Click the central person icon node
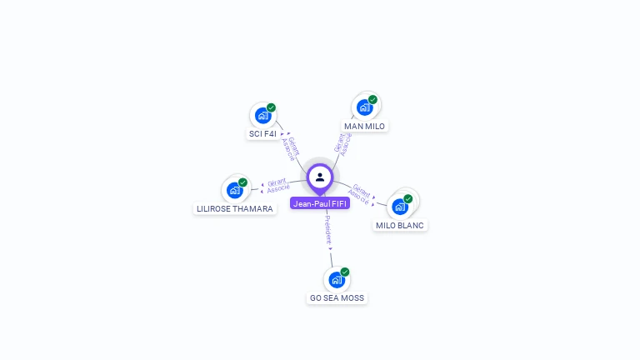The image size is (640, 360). point(320,177)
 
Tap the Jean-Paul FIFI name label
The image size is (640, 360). point(320,203)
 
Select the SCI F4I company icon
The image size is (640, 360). point(262,115)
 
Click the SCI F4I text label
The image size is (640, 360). point(262,133)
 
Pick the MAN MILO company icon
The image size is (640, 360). point(364,107)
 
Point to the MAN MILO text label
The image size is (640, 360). point(364,126)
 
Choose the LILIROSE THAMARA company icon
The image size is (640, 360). point(234,190)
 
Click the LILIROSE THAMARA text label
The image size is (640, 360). point(234,209)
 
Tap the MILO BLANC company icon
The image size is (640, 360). point(400,206)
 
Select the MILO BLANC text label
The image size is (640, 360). point(400,225)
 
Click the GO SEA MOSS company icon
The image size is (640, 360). point(337,279)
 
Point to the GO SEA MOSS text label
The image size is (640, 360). point(337,297)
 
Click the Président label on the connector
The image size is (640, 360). point(327,230)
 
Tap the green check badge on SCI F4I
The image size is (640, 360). point(271,107)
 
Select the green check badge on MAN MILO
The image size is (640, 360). point(372,99)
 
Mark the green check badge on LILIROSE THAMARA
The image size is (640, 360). point(242,182)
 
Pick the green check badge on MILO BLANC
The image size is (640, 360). point(408,198)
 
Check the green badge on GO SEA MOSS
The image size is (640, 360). point(345,272)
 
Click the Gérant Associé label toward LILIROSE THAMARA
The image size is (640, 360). point(277,185)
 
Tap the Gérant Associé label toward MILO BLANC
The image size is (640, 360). point(360,193)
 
